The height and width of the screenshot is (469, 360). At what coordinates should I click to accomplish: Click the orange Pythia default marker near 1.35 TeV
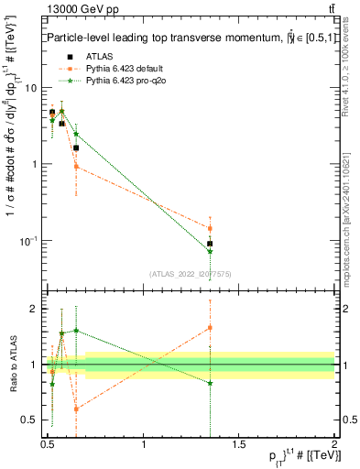point(211,228)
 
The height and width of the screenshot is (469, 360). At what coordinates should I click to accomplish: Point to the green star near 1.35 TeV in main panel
point(211,251)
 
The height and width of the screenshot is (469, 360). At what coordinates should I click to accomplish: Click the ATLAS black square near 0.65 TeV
point(76,147)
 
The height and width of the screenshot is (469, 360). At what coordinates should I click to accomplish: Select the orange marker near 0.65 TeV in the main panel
point(76,167)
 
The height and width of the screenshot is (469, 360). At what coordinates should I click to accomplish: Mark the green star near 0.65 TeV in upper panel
point(76,135)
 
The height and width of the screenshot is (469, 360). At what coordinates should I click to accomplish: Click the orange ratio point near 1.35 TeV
point(211,327)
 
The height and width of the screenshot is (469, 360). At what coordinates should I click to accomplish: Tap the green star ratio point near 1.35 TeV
point(211,383)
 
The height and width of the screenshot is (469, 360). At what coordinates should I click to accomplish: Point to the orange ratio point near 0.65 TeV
point(76,409)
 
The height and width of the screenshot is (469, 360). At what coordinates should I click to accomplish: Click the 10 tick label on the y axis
point(30,88)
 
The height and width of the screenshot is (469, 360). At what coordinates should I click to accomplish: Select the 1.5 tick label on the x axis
point(240,444)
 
